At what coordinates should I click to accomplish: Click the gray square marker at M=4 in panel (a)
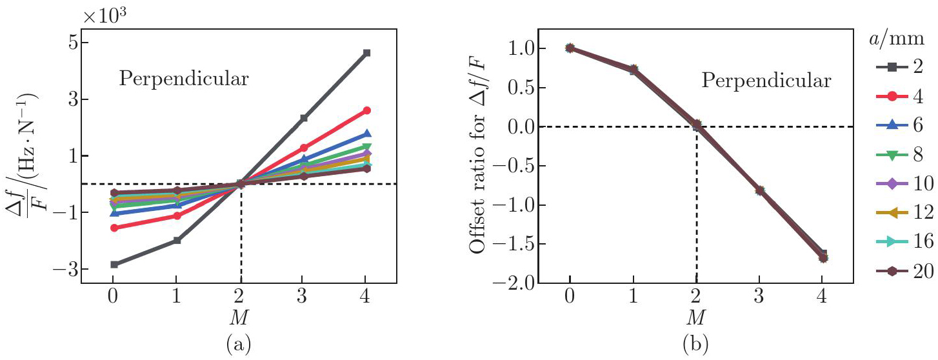(x=366, y=53)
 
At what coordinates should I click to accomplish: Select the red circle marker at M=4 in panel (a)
(x=366, y=110)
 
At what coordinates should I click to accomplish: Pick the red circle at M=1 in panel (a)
(x=177, y=215)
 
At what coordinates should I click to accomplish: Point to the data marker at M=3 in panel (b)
(x=759, y=190)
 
